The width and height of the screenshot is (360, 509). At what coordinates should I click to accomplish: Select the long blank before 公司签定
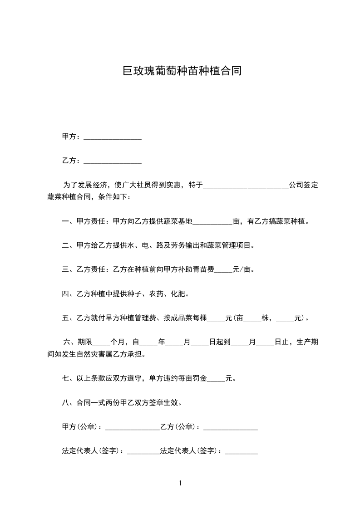245,186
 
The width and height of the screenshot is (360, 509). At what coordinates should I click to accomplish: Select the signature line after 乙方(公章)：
231,428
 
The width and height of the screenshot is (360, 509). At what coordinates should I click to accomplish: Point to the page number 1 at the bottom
180,483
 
